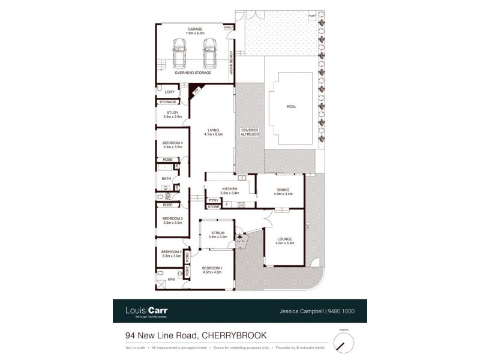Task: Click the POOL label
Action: click(x=291, y=107)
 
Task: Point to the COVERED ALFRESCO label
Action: click(x=250, y=133)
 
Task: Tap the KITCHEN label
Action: click(x=230, y=189)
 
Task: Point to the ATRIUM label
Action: click(x=218, y=233)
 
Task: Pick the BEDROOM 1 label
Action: click(x=212, y=268)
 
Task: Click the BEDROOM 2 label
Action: click(x=172, y=252)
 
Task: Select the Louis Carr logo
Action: click(x=142, y=311)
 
